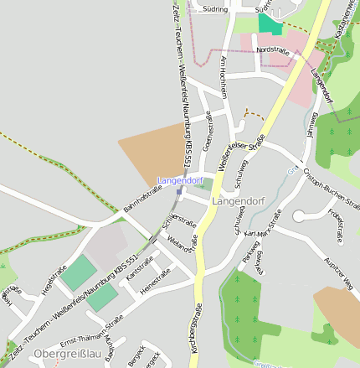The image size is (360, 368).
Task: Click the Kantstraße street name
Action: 139,267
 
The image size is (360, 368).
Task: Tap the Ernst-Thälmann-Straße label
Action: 91,330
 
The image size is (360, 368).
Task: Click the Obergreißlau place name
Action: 68,355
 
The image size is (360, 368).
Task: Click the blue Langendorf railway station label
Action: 180,180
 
